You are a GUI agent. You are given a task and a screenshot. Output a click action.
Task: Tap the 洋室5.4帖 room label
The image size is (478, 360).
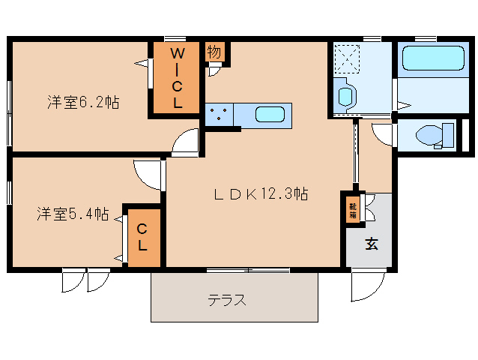(73, 214)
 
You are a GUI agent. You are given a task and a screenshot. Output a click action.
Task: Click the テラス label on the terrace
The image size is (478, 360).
(227, 301)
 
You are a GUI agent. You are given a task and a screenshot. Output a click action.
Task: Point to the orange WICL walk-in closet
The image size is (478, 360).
(178, 78)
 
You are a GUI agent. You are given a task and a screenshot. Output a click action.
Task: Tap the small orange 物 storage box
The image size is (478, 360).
(214, 52)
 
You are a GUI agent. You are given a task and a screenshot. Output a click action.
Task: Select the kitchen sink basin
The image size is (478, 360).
(269, 115)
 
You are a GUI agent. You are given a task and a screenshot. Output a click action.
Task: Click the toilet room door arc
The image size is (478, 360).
(383, 133)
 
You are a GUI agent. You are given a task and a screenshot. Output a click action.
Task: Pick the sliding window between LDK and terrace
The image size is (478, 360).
(247, 269)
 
